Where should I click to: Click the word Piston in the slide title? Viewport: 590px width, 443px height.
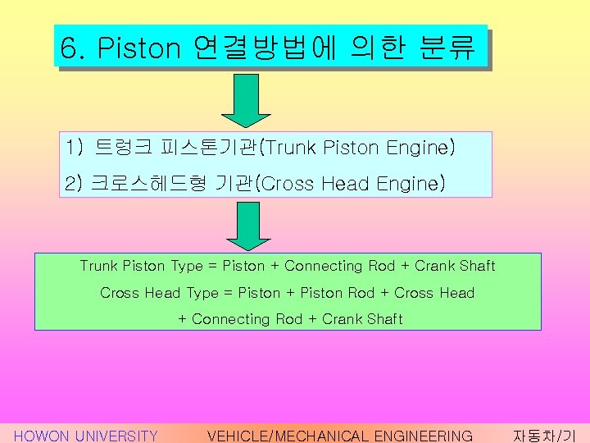click(138, 48)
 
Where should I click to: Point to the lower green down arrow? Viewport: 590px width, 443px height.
click(247, 224)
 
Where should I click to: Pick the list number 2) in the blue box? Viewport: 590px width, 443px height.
click(75, 183)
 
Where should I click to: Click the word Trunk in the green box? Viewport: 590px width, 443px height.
click(98, 266)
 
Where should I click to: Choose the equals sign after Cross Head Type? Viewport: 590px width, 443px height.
click(228, 293)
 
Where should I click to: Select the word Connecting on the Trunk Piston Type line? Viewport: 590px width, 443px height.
click(324, 266)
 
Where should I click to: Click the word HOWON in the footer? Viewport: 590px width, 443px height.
click(42, 436)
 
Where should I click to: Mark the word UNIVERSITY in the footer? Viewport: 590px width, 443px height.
click(116, 436)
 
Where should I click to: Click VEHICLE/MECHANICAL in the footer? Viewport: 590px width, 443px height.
click(288, 436)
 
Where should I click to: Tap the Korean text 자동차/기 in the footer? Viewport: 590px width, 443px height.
click(544, 436)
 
